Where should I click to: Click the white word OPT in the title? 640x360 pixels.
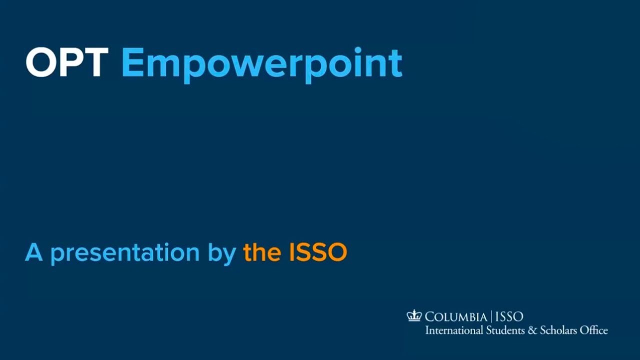(x=66, y=62)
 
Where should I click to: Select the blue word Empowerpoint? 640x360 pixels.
(x=261, y=64)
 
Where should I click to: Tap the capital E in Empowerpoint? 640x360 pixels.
(x=132, y=62)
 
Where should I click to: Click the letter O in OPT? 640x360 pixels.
(x=40, y=62)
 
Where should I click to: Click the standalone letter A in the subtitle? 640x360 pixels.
(x=33, y=252)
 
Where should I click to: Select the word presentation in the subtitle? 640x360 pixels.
(x=125, y=253)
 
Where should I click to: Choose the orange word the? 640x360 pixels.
(x=262, y=252)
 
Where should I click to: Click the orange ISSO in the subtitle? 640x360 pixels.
(x=318, y=252)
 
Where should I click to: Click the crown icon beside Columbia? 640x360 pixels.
(x=414, y=315)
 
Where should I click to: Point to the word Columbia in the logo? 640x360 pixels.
(x=455, y=316)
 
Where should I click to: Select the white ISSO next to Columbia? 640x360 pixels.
(x=509, y=316)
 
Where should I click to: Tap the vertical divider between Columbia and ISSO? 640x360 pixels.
(x=491, y=316)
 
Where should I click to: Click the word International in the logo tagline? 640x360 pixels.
(x=454, y=330)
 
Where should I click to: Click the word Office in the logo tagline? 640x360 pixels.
(x=594, y=330)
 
